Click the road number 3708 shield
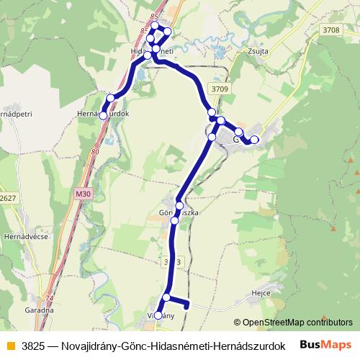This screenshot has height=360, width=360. (x=330, y=30)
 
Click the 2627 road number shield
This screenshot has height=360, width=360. (x=7, y=197)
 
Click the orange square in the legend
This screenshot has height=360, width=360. (x=10, y=345)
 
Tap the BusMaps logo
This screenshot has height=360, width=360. (x=326, y=344)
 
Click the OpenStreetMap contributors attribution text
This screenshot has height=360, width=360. (x=297, y=323)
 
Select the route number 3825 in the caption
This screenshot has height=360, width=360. (x=34, y=345)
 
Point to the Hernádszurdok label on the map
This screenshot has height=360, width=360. (x=102, y=114)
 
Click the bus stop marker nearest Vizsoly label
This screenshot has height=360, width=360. (x=158, y=315)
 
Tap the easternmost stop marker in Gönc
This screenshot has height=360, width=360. (x=254, y=139)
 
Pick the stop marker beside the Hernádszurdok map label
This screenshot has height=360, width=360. (x=103, y=115)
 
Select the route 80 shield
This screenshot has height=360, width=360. (x=96, y=152)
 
